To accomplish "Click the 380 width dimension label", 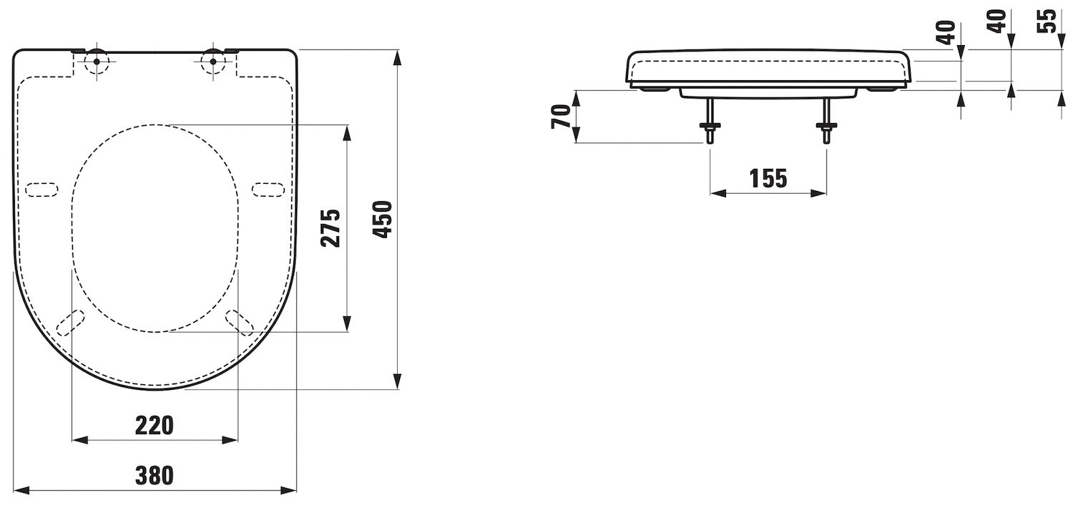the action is [x=155, y=475].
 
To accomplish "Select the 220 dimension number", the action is [x=155, y=425].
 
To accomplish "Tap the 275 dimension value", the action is [x=330, y=228].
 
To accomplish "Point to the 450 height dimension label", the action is [x=383, y=220].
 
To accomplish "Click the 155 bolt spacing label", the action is [x=768, y=178].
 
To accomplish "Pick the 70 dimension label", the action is [x=561, y=117].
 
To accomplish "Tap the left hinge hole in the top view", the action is [x=97, y=62].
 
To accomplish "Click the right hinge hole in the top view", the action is [x=212, y=62].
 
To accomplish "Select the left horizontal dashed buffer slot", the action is [x=41, y=190].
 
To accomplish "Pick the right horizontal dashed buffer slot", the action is [x=268, y=190].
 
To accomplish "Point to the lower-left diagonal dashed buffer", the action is [x=70, y=323].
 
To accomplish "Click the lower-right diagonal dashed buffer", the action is [x=239, y=323].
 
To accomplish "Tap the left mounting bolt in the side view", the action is [x=710, y=121].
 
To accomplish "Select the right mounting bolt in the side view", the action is [x=826, y=121].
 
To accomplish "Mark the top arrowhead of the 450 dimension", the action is [x=398, y=57].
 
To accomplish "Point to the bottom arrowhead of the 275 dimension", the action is [x=347, y=323].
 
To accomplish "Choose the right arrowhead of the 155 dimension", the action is [x=818, y=193].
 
